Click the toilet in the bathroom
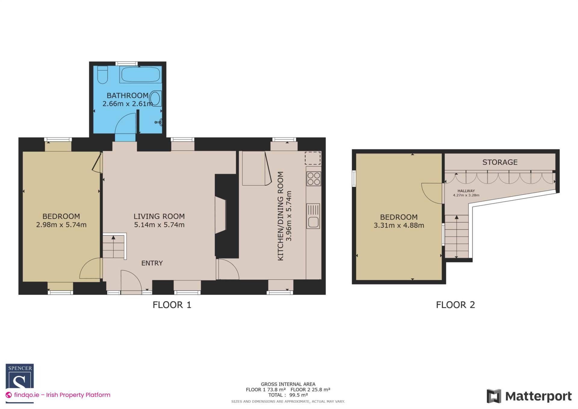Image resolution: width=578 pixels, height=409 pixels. (x=103, y=74)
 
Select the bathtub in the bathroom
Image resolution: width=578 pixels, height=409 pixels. (x=141, y=74)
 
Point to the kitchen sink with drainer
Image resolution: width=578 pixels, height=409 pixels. (x=313, y=216)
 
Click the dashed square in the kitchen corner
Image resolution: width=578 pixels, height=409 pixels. (x=313, y=158)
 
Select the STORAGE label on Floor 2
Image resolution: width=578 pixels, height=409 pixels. (x=500, y=162)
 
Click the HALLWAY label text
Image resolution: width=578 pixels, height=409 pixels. (x=466, y=191)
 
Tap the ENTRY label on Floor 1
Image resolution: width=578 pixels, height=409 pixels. (x=152, y=263)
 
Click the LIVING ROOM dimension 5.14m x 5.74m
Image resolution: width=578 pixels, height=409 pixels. (x=159, y=225)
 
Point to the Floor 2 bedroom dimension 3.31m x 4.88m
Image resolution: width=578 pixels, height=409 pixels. (x=399, y=225)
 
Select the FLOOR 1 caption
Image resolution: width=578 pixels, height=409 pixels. (x=172, y=305)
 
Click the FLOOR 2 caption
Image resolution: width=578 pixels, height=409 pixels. (x=455, y=305)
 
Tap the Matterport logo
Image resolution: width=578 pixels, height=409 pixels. (x=529, y=396)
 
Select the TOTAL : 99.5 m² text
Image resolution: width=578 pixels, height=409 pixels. (x=288, y=395)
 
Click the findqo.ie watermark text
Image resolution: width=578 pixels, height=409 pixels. (x=62, y=395)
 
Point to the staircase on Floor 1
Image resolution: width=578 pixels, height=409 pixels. (x=113, y=246)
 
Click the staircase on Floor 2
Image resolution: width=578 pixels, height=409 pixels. (x=456, y=236)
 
